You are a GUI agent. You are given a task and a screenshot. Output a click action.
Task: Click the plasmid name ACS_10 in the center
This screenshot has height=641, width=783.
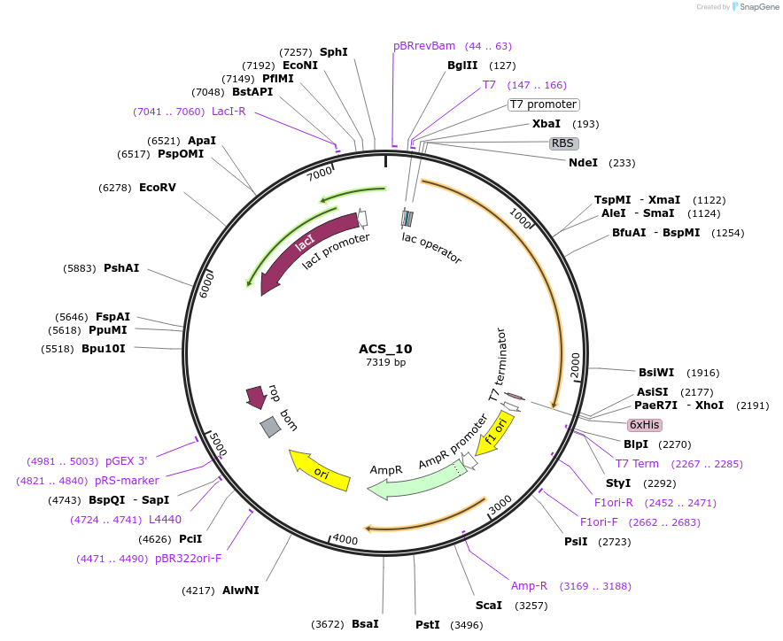(385, 349)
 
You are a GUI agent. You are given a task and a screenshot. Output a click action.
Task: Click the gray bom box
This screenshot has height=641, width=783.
(270, 427)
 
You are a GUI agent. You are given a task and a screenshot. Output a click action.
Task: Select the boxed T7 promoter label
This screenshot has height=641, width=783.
(543, 104)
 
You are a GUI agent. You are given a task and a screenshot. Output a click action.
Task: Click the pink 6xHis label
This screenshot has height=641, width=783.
(644, 424)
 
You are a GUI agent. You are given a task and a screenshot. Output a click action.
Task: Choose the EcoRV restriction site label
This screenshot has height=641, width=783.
(158, 188)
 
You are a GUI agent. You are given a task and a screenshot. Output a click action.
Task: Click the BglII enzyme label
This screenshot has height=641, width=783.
(462, 66)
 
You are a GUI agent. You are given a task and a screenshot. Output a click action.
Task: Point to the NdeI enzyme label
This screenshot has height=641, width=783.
(583, 163)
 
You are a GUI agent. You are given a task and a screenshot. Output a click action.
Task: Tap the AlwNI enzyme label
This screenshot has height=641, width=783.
(241, 591)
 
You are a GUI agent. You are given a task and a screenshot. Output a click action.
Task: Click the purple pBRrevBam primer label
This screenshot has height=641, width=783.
(424, 46)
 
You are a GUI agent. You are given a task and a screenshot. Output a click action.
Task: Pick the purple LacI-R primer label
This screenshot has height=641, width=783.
(229, 112)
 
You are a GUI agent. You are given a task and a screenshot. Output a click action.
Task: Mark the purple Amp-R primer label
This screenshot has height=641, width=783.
(530, 585)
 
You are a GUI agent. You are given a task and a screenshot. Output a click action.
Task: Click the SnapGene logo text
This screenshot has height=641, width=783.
(758, 6)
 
